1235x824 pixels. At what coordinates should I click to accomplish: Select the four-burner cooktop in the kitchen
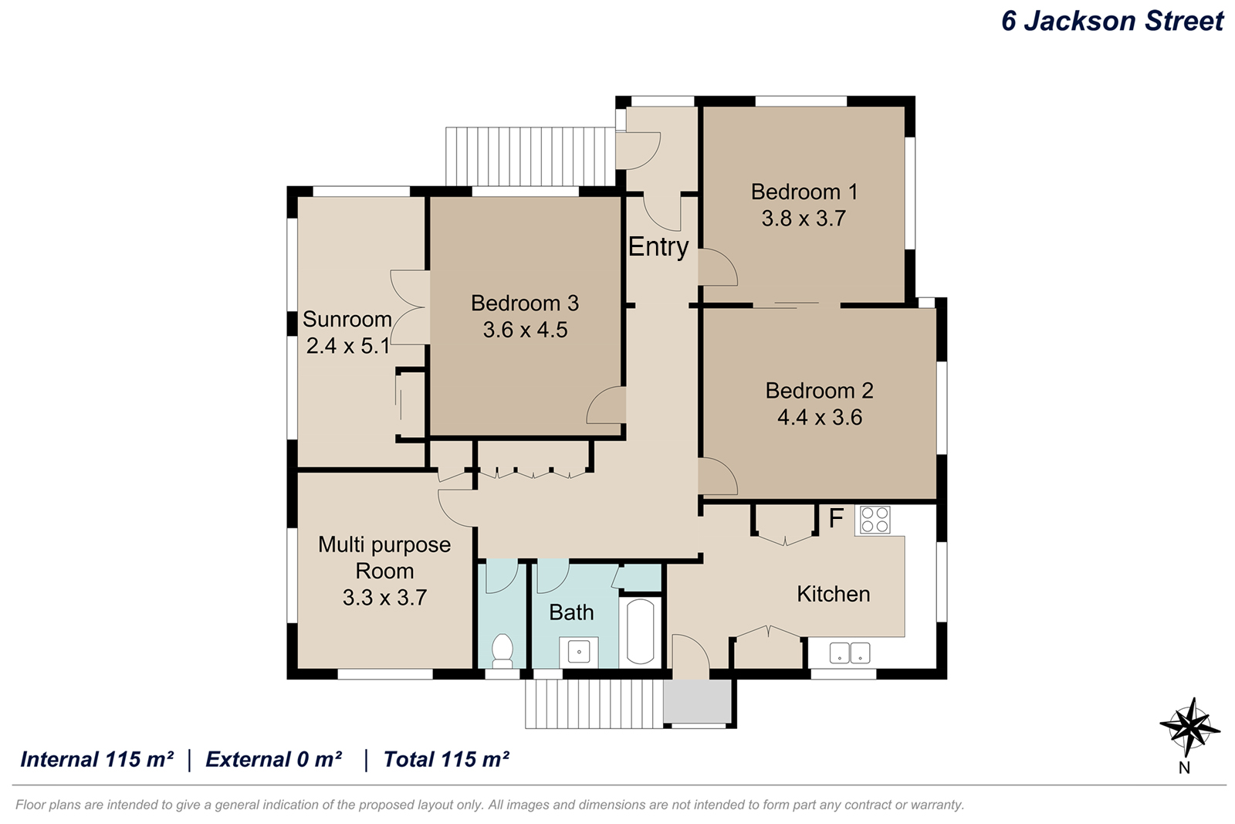point(875,520)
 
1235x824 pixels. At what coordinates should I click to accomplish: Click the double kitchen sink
point(850,653)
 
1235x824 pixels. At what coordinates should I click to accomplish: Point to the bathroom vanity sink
point(579,653)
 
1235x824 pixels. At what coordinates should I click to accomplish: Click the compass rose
point(1189,727)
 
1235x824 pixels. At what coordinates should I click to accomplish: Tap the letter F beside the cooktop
point(836,518)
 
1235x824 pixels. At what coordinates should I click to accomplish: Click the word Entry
point(658,247)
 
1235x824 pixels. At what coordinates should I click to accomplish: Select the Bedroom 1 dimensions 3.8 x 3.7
point(804,219)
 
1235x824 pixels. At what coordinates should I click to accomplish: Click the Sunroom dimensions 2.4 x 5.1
point(348,346)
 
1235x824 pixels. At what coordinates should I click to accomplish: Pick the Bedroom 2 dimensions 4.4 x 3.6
point(820,417)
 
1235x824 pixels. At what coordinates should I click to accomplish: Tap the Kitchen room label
point(833,594)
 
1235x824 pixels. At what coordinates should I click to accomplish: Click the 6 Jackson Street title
point(1112,21)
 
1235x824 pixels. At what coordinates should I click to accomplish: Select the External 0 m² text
point(273,759)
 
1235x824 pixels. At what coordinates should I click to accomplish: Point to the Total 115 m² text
point(446,759)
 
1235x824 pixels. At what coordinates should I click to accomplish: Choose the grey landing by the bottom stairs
point(697,700)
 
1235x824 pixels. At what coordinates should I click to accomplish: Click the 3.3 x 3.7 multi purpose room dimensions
point(385,598)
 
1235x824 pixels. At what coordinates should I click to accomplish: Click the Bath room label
point(571,612)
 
